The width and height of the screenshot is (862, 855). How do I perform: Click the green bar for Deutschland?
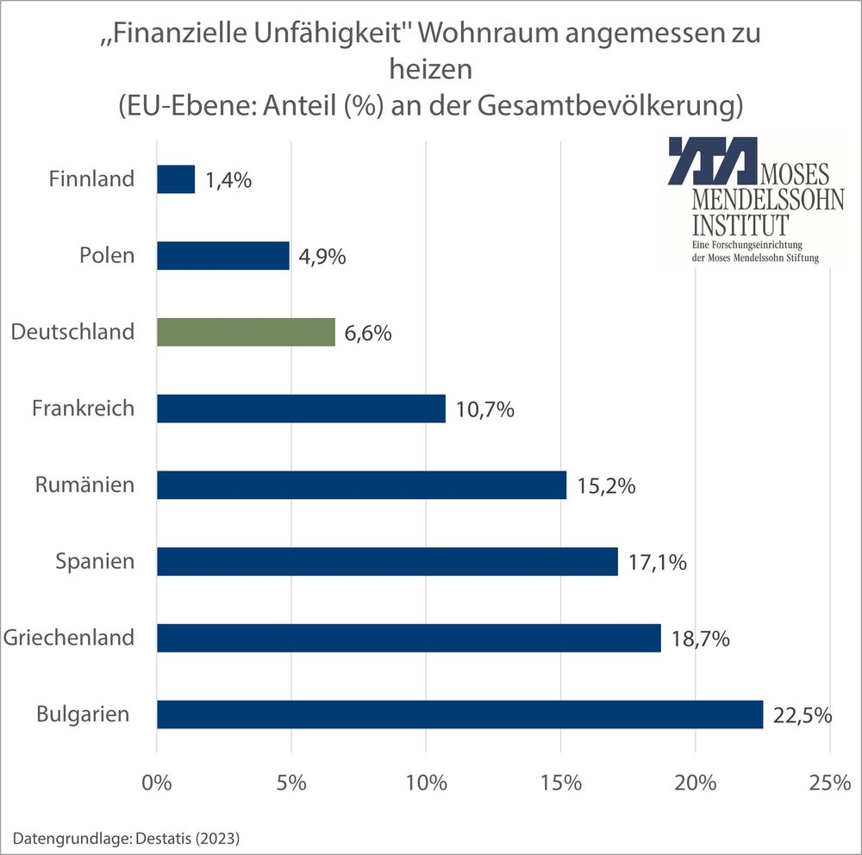coord(246,332)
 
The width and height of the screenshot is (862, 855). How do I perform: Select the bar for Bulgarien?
coord(459,714)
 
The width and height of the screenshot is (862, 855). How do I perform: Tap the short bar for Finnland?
coord(176,179)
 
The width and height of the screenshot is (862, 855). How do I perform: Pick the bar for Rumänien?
coord(361,485)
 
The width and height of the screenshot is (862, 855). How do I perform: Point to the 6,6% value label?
coord(367,333)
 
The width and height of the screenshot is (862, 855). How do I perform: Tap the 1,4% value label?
coord(228,180)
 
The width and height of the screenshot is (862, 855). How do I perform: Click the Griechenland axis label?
coord(69,638)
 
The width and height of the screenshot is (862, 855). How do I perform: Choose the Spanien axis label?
coord(95,562)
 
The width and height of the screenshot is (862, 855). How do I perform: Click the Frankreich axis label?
coord(83,408)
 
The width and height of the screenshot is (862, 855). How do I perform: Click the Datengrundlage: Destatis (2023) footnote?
coord(126,837)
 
